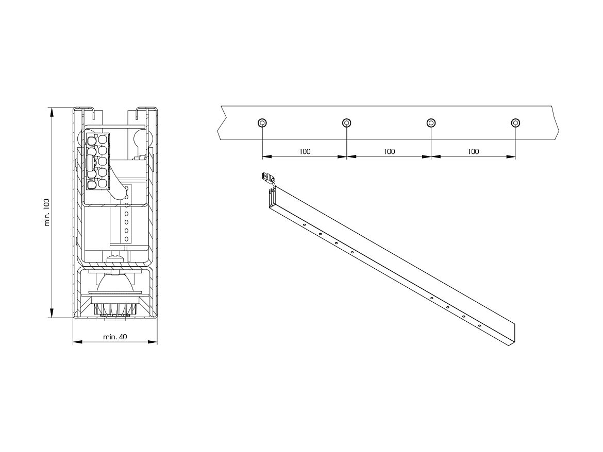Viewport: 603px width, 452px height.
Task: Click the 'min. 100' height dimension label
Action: coord(47,213)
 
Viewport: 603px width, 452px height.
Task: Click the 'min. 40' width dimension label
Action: coord(115,337)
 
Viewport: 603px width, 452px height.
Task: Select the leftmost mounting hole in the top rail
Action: coord(262,123)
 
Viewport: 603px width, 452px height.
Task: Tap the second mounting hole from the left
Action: coord(346,123)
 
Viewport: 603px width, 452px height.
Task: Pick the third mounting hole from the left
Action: coord(431,123)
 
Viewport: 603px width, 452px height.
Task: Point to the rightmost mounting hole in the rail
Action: coord(515,123)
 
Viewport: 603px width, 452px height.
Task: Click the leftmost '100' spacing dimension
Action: coord(305,151)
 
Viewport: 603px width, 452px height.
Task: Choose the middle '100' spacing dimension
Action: coord(389,151)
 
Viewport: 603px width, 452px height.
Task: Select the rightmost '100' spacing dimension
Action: coord(474,151)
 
